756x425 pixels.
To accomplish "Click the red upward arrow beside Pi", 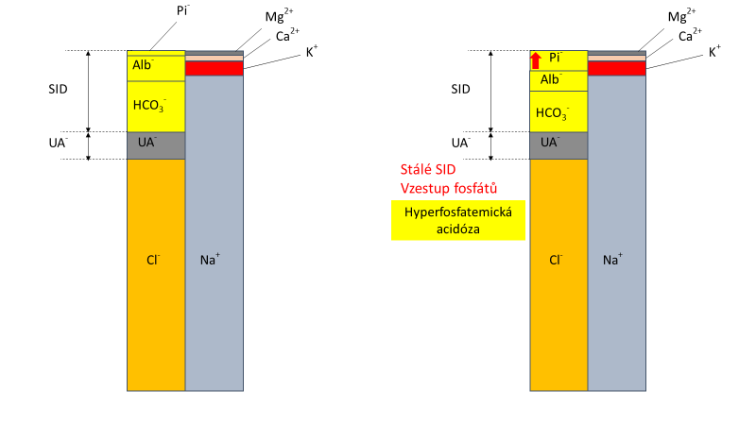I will (536, 60).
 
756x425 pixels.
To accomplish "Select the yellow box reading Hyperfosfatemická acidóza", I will (457, 220).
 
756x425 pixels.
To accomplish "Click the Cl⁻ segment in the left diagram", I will (156, 274).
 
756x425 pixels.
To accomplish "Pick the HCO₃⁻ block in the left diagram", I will (156, 107).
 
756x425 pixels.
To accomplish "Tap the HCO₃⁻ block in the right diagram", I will (558, 111).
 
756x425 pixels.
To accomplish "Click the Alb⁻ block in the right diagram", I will (558, 80).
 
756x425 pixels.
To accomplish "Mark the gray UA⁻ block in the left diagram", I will (156, 145).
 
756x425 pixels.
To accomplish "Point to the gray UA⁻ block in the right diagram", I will (558, 145).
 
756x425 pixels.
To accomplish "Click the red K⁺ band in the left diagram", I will (215, 68).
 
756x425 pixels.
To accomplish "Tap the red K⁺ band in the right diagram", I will (617, 68).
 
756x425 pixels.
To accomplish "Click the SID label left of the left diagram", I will (58, 89).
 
